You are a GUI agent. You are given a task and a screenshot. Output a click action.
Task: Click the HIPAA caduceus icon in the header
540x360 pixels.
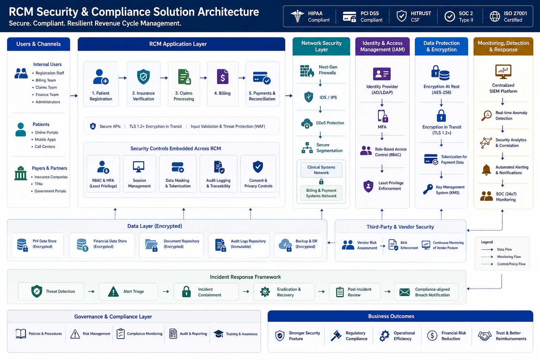(x=297, y=16)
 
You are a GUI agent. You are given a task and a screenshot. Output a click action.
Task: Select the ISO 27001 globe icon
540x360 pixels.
(x=495, y=17)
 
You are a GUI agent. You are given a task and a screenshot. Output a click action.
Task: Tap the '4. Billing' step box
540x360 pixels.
(x=223, y=84)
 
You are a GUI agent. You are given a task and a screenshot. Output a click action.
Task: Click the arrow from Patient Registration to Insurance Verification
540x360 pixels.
(x=123, y=78)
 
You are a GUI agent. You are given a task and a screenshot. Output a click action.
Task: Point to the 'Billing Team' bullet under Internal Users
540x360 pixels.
(x=46, y=80)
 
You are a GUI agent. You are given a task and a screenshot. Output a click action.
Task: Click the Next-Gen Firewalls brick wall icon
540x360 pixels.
(x=307, y=71)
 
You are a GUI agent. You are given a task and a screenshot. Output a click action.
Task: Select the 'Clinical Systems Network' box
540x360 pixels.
(x=321, y=170)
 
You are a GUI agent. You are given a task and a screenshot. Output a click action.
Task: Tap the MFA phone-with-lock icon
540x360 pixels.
(x=382, y=116)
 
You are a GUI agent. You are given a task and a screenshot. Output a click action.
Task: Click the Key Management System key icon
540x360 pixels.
(x=428, y=189)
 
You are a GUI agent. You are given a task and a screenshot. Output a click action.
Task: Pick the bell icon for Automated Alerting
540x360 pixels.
(x=486, y=170)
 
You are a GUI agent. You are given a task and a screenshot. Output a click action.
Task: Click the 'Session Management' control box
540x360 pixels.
(x=139, y=174)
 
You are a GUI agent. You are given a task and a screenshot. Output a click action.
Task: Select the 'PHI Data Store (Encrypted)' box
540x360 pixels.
(x=38, y=245)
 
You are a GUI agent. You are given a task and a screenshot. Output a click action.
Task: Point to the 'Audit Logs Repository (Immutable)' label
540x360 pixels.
(x=248, y=244)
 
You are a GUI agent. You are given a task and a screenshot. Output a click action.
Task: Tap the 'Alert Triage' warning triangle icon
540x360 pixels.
(x=113, y=291)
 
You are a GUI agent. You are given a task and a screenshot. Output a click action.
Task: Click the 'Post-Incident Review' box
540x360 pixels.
(x=355, y=292)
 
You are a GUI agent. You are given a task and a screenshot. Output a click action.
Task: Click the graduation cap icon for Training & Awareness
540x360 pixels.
(x=219, y=334)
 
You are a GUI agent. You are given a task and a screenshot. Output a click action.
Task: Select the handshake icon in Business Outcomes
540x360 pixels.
(x=484, y=336)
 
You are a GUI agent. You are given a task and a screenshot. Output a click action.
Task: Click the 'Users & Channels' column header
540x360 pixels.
(x=39, y=44)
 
